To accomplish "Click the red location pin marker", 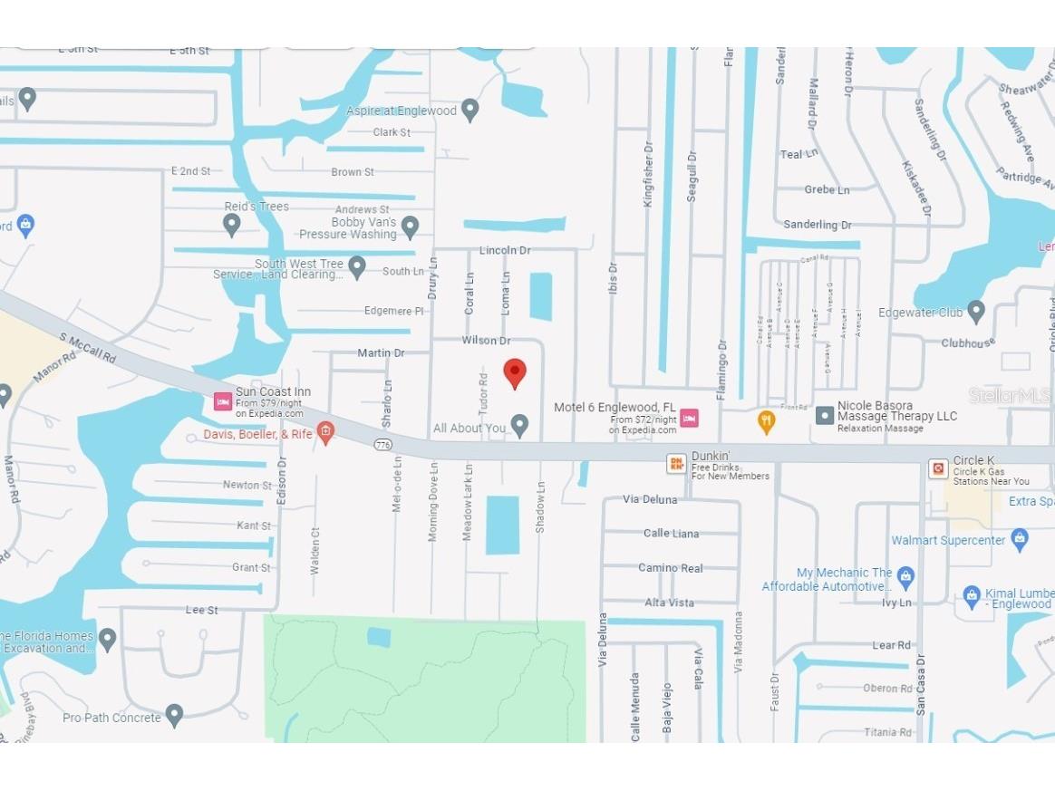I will (x=515, y=372).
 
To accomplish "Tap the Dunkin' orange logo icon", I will (x=676, y=464).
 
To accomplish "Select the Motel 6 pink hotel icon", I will (x=689, y=418).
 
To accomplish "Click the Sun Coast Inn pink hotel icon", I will (x=222, y=400).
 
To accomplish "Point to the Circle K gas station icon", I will (x=938, y=468).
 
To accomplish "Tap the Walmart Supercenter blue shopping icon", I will (x=1020, y=539).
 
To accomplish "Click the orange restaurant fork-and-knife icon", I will (x=766, y=421).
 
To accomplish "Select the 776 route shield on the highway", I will (x=383, y=444).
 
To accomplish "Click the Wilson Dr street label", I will (x=487, y=341).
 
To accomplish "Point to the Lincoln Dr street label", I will (x=505, y=250).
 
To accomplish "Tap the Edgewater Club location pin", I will (x=976, y=312).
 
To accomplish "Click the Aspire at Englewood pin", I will (x=469, y=111).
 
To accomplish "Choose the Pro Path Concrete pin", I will (x=174, y=716).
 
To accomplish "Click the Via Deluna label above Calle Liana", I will (x=650, y=499).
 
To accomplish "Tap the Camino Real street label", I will (x=671, y=568).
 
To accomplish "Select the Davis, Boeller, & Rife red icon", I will (x=325, y=433).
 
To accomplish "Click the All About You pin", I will (x=519, y=425).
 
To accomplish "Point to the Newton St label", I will (x=247, y=486).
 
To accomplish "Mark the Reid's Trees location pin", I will (x=232, y=224).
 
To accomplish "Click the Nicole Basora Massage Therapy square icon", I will (x=825, y=416).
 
